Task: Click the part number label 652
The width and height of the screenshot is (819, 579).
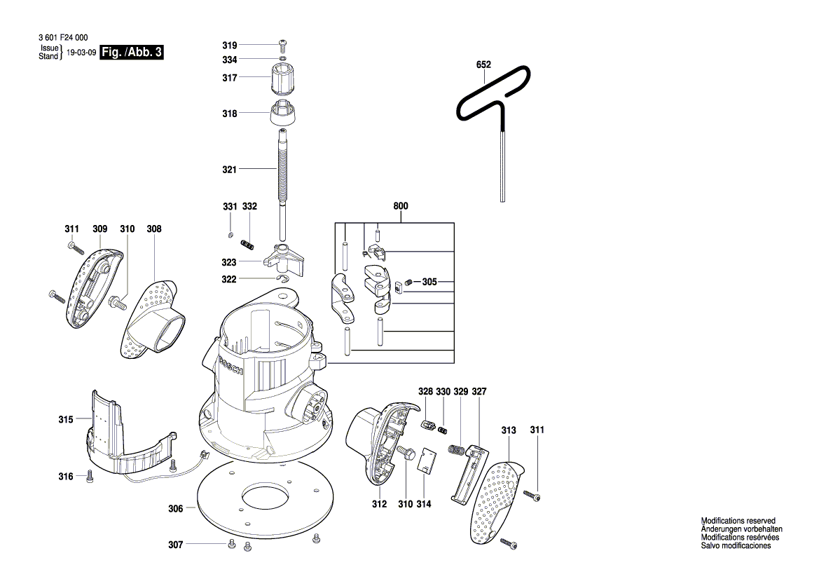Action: point(483,64)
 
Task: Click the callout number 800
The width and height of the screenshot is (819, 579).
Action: point(401,207)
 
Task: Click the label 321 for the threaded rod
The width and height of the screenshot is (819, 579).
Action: point(229,170)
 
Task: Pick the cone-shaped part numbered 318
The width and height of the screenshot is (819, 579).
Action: point(283,113)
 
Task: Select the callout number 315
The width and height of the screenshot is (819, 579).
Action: point(65,420)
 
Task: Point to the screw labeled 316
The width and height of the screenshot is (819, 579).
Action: point(90,477)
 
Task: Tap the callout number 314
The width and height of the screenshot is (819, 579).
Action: point(423,503)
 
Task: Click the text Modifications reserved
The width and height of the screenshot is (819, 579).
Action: point(738,521)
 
